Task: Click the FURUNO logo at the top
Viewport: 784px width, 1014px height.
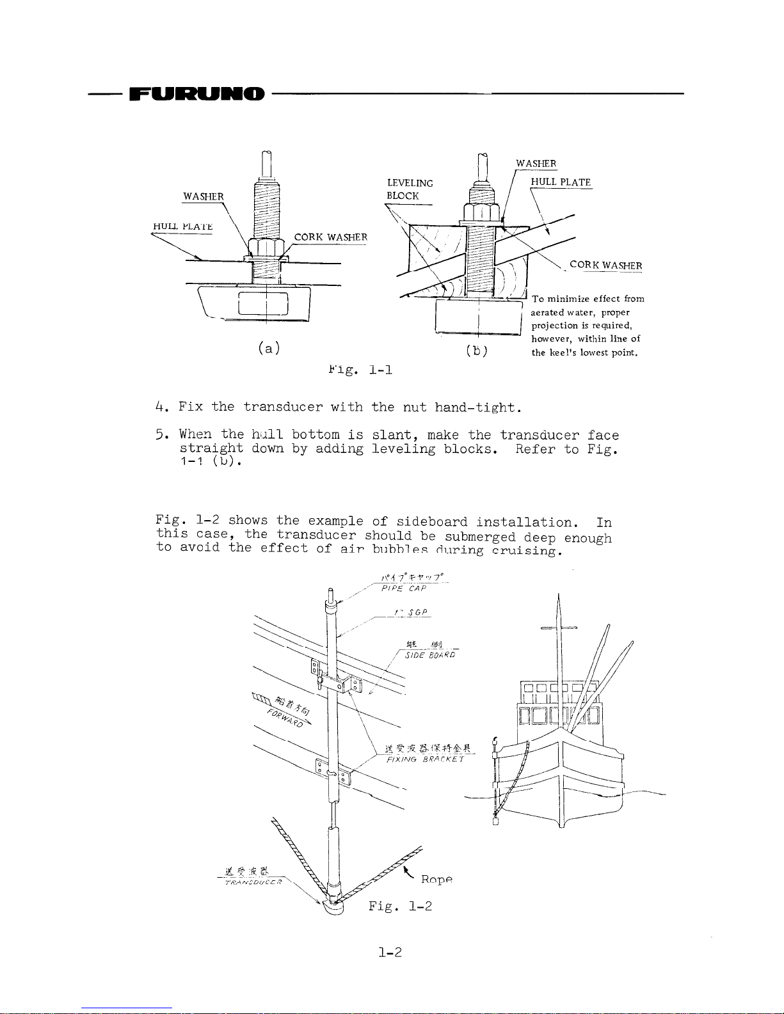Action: point(196,94)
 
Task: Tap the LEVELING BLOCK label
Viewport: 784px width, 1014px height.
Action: point(410,189)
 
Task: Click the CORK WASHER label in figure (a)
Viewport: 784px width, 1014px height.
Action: point(330,237)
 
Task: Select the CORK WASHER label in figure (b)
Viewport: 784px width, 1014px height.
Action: point(605,265)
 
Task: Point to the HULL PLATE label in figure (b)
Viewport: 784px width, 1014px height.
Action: point(561,182)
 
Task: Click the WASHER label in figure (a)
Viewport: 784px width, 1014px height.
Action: point(204,196)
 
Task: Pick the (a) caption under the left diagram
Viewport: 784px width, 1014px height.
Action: point(269,348)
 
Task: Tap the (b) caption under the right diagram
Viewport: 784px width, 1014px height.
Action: point(477,351)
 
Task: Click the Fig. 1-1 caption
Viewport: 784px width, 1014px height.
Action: point(360,370)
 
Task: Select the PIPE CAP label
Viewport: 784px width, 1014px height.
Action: point(403,589)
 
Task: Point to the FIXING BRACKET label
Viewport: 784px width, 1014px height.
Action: point(426,759)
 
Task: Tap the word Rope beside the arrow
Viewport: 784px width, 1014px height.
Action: point(437,880)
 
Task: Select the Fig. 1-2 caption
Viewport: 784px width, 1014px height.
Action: point(400,906)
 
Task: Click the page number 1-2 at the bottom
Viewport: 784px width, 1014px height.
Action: point(390,953)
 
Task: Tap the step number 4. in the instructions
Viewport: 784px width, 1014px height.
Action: point(161,407)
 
